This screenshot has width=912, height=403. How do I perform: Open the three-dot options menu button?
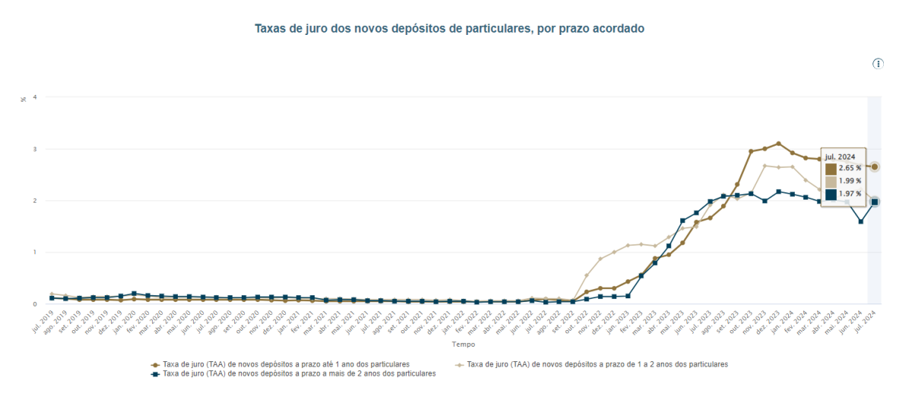(x=878, y=64)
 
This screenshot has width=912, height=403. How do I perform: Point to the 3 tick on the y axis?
(x=34, y=149)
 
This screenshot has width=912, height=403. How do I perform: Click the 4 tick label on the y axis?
(x=34, y=97)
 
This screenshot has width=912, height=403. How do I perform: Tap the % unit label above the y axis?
(x=23, y=99)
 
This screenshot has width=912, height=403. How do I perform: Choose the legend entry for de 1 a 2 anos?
(x=597, y=364)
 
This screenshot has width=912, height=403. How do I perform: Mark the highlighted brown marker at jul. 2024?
(x=875, y=166)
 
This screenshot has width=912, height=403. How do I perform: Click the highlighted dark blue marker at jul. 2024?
(x=875, y=202)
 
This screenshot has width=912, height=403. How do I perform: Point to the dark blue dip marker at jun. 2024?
(x=861, y=222)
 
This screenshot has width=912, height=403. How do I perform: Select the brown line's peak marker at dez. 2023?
(x=778, y=143)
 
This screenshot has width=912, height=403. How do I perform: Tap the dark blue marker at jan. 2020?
(x=134, y=294)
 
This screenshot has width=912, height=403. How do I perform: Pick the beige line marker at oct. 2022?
(x=586, y=275)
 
